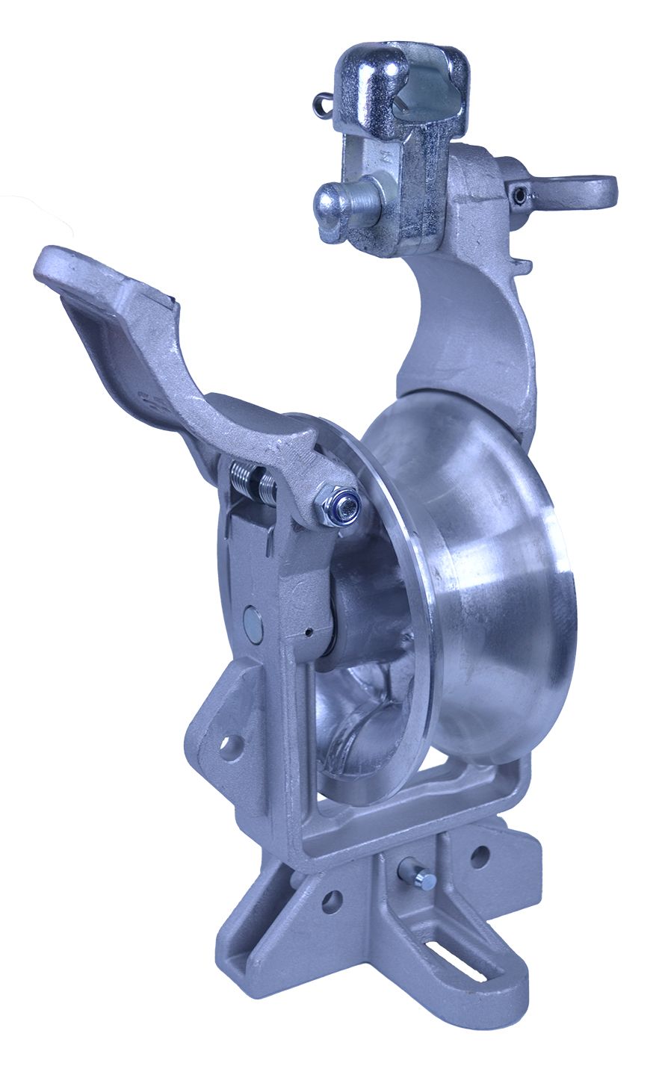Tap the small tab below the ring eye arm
pyautogui.click(x=522, y=264)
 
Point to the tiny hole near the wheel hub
pyautogui.click(x=308, y=633)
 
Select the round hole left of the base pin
pyautogui.click(x=331, y=901)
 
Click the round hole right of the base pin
pyautogui.click(x=479, y=855)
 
